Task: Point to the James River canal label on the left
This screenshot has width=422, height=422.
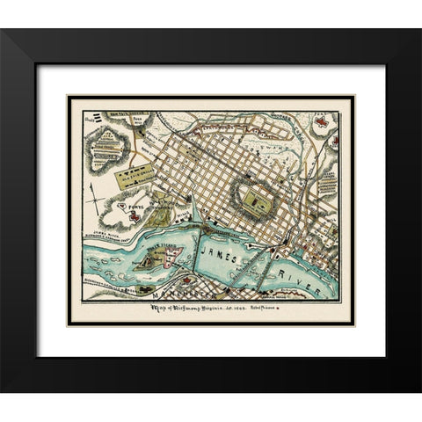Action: [x=105, y=229]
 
